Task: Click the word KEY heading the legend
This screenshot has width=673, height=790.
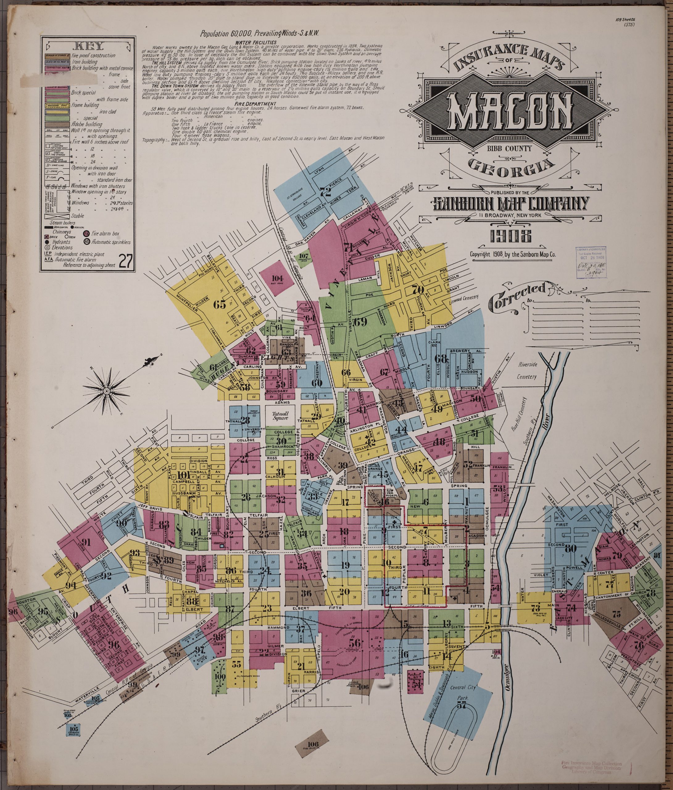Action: coord(92,47)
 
